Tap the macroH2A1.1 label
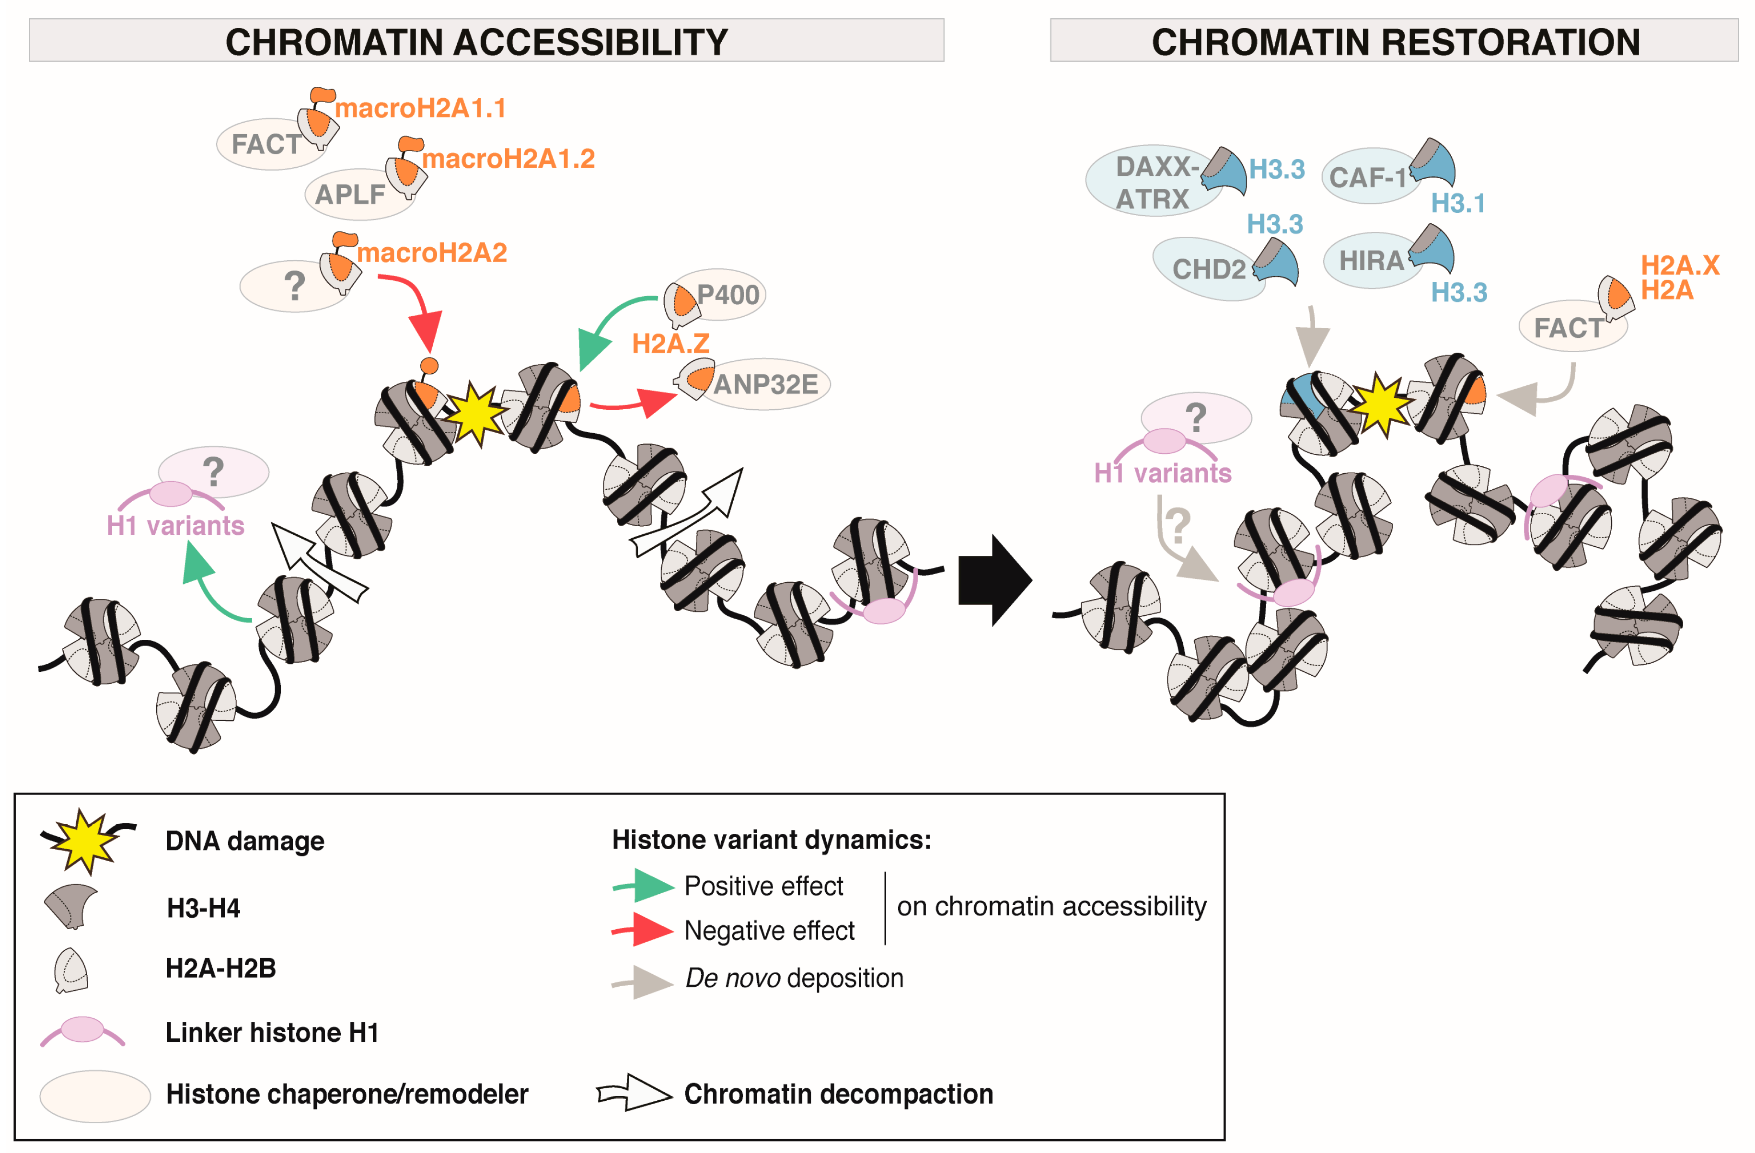point(420,108)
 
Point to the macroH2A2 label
point(432,253)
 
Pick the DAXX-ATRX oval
point(1154,181)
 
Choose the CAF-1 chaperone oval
point(1370,176)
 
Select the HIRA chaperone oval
point(1373,260)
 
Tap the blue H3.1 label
point(1458,204)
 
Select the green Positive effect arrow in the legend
point(643,886)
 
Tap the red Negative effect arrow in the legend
point(643,930)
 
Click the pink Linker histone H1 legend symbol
point(82,1030)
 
